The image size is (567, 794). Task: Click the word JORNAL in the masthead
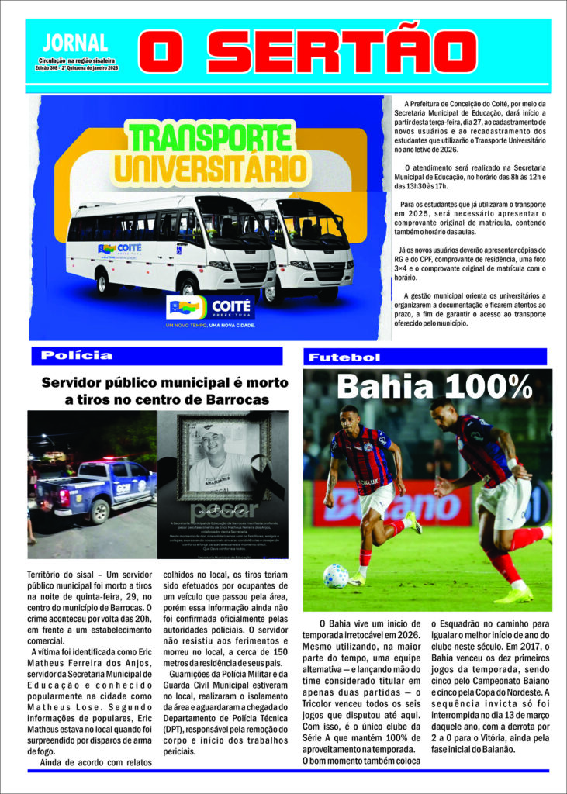[75, 43]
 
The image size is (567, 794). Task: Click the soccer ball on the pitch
[335, 575]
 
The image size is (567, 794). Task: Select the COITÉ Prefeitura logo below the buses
[210, 308]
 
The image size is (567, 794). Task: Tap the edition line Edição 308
[77, 68]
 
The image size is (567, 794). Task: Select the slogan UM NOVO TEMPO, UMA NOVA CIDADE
[210, 325]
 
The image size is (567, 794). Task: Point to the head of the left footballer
[350, 417]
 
